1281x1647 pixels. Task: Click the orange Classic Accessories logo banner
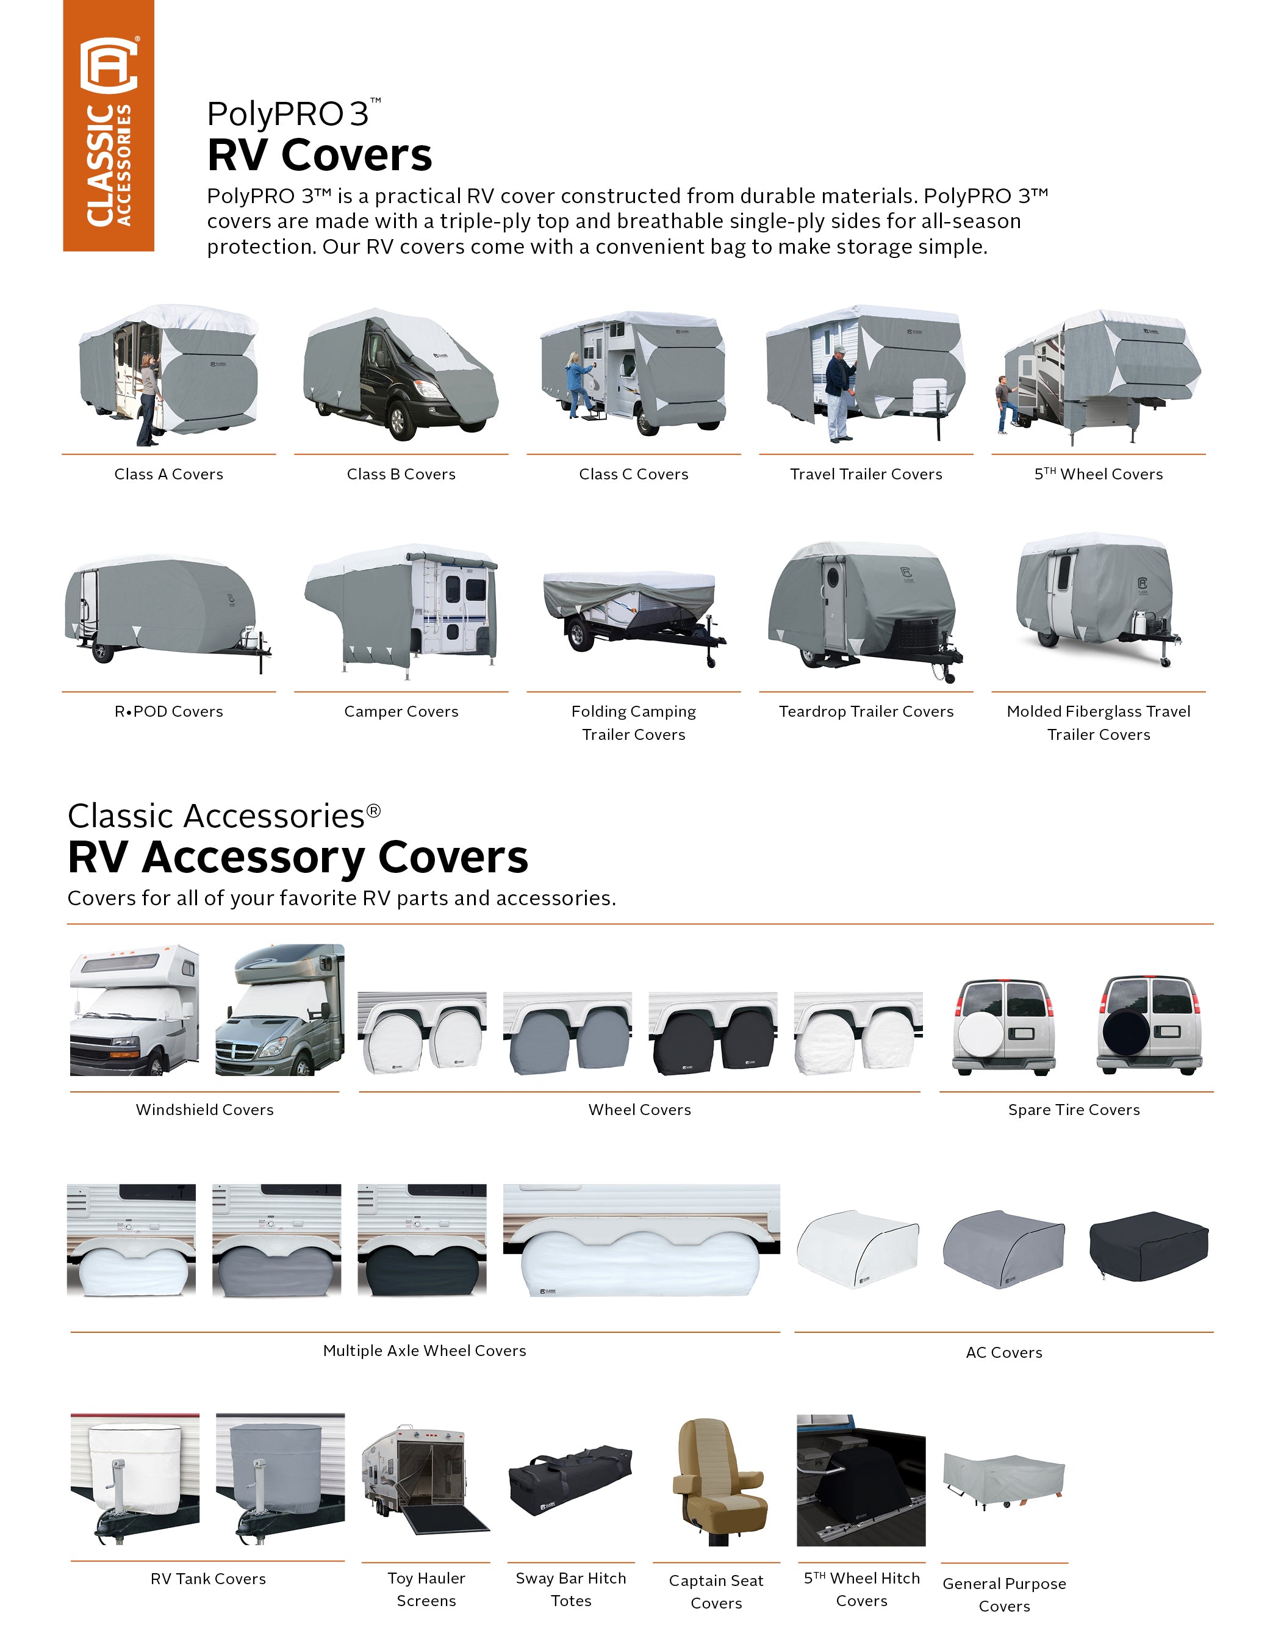(x=109, y=125)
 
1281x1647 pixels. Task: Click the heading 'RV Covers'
(x=319, y=156)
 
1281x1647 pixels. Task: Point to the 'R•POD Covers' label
(x=169, y=712)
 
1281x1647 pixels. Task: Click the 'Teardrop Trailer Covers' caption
(x=866, y=712)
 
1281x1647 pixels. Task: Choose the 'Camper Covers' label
(x=401, y=712)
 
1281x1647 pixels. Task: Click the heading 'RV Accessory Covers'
(x=298, y=858)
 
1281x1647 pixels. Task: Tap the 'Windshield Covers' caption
(x=204, y=1110)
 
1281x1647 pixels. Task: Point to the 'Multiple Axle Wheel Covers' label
(x=425, y=1351)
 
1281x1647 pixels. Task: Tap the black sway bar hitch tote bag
(x=570, y=1479)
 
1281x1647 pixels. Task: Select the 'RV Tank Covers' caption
(x=208, y=1579)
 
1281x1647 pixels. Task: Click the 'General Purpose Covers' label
(x=1003, y=1594)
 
